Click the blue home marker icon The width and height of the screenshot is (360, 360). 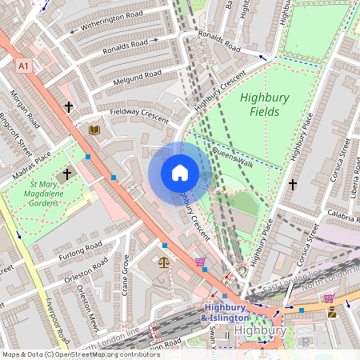click(180, 173)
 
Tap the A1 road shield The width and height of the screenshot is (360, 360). click(23, 66)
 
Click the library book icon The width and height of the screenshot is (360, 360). click(94, 130)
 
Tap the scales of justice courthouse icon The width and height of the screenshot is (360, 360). click(165, 261)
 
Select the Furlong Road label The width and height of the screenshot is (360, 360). click(80, 250)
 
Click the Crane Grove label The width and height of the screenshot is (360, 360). click(125, 273)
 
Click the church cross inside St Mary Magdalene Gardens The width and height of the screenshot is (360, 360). click(68, 173)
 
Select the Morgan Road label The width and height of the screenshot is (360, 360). click(25, 112)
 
